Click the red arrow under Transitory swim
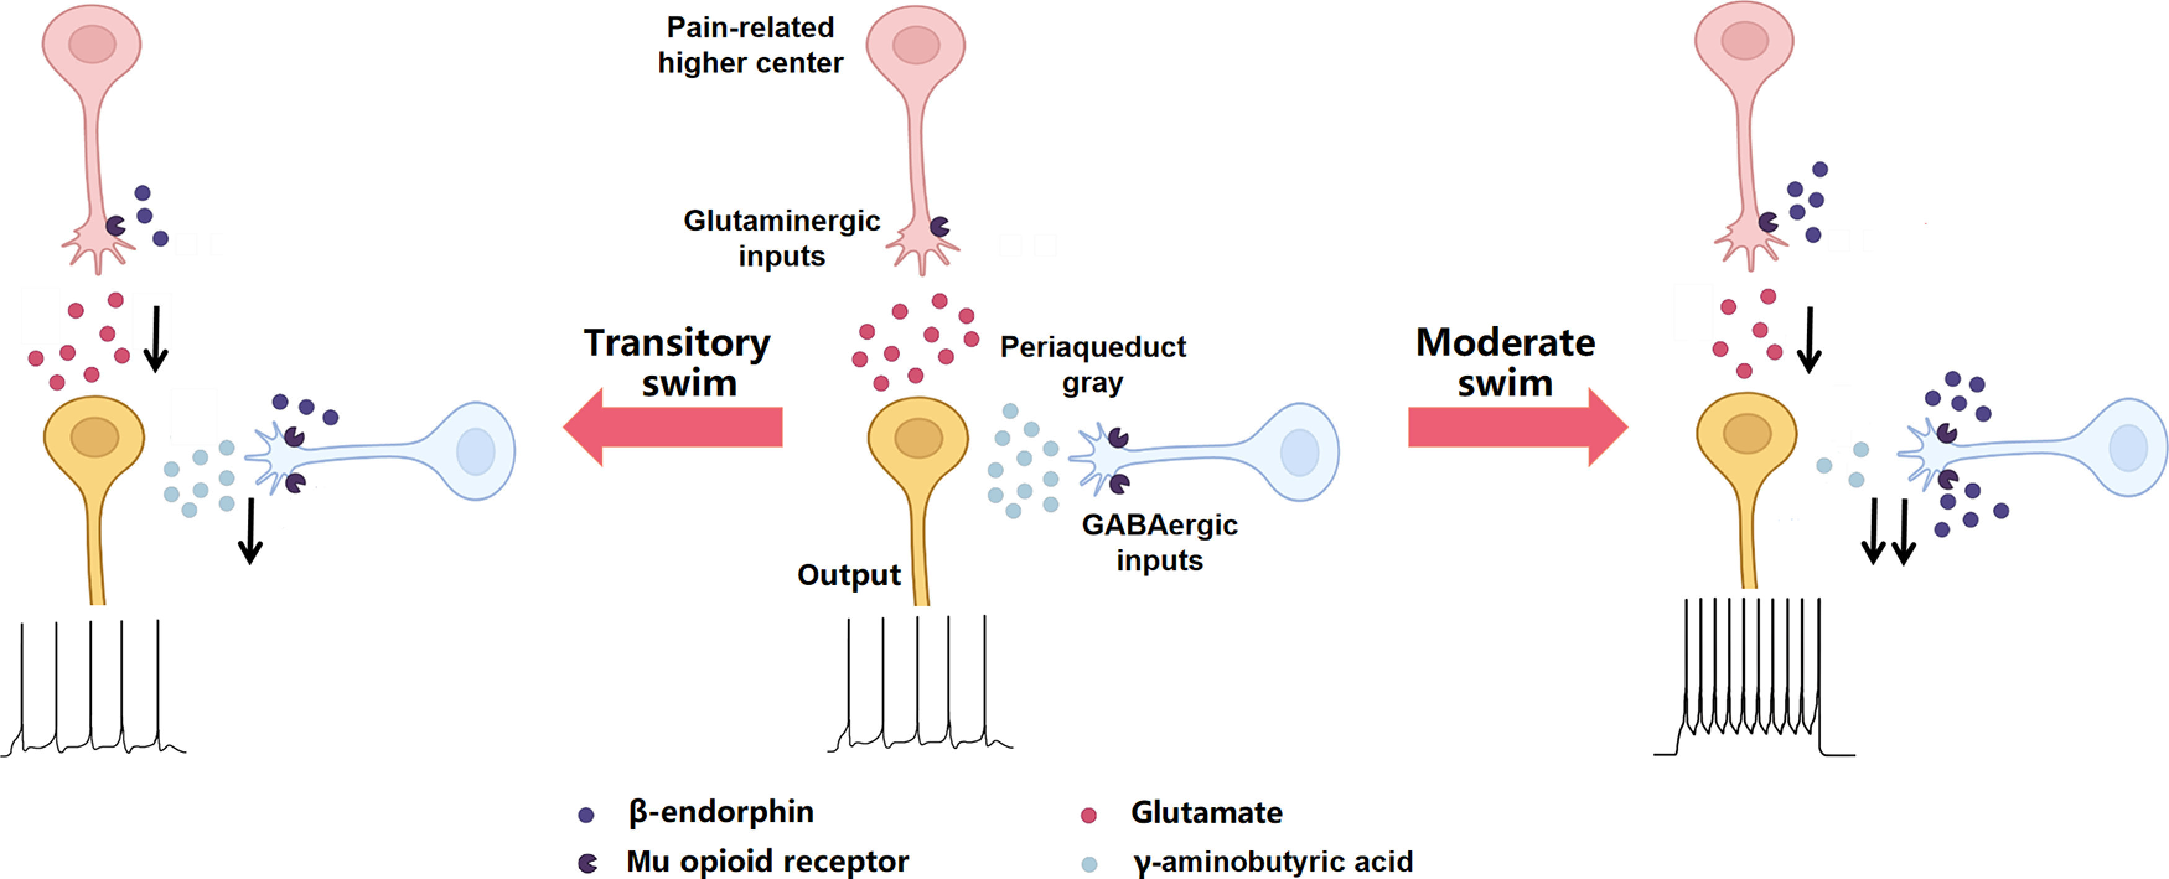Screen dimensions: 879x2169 pyautogui.click(x=674, y=427)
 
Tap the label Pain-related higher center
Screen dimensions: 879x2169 pyautogui.click(x=750, y=45)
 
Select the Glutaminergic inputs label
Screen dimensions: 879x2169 pyautogui.click(x=781, y=237)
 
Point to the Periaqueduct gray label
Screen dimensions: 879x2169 pyautogui.click(x=1092, y=364)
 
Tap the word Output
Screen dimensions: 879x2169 pyautogui.click(x=849, y=575)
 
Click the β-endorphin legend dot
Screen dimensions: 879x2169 pyautogui.click(x=586, y=814)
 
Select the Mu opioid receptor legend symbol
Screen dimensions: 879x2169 pyautogui.click(x=587, y=862)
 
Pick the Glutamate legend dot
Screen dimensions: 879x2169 pyautogui.click(x=1088, y=814)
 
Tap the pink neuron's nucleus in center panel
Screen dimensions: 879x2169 pyautogui.click(x=916, y=45)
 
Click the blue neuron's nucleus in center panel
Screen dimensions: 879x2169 pyautogui.click(x=1299, y=452)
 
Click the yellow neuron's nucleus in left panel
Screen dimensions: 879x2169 pyautogui.click(x=94, y=438)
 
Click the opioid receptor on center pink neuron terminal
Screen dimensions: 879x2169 pyautogui.click(x=939, y=226)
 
